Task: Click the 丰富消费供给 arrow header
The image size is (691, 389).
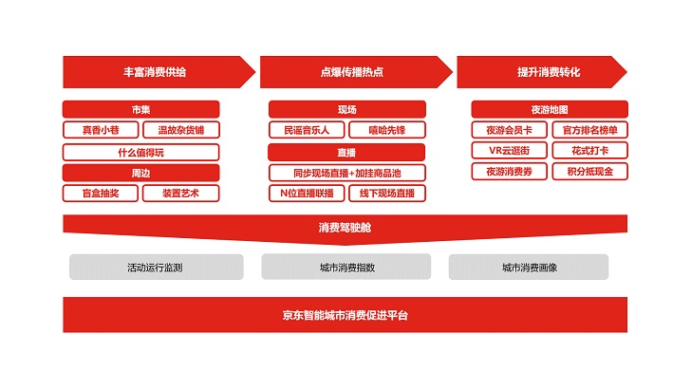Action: click(x=155, y=72)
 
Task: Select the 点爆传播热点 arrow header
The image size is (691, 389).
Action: click(x=351, y=72)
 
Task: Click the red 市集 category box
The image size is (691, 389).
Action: click(x=140, y=109)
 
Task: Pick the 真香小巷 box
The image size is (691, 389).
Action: click(x=100, y=130)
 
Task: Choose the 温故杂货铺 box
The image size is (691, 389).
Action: click(x=180, y=130)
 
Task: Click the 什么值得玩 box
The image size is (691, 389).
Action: click(x=140, y=152)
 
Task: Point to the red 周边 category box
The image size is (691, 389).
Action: click(x=140, y=173)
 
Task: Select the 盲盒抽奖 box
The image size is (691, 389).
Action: click(x=100, y=194)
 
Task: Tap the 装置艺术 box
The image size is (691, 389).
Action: click(x=180, y=194)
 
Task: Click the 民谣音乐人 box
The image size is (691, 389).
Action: click(x=306, y=130)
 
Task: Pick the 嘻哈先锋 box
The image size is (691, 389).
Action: click(x=386, y=130)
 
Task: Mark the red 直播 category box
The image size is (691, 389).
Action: click(x=346, y=152)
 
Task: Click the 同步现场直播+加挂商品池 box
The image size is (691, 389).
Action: click(x=346, y=173)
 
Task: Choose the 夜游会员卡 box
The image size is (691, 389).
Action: click(x=509, y=130)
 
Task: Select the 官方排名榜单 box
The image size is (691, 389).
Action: click(x=589, y=130)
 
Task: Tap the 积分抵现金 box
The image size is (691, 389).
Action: click(x=589, y=172)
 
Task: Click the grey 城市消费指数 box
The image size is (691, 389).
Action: click(x=346, y=268)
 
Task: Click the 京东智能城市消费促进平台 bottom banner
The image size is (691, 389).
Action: click(x=345, y=315)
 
